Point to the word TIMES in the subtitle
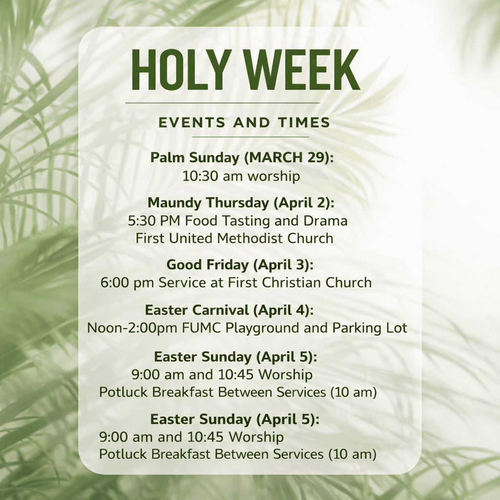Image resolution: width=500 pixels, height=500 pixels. tap(304, 123)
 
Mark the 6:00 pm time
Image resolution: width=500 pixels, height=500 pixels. tap(128, 283)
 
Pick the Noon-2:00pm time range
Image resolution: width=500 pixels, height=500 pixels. tap(132, 328)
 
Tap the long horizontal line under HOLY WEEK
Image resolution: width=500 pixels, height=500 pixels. tap(223, 103)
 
